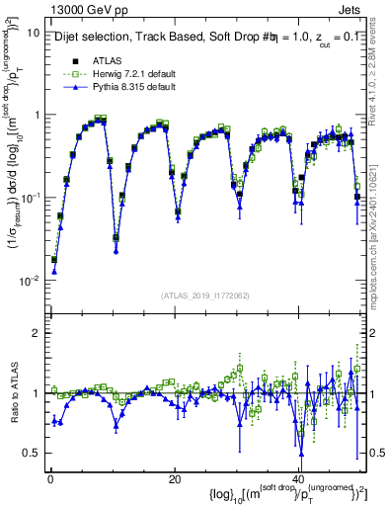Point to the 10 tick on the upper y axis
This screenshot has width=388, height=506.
pyautogui.click(x=32, y=32)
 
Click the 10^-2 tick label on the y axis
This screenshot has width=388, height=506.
pyautogui.click(x=29, y=281)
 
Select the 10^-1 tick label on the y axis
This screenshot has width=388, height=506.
pyautogui.click(x=29, y=198)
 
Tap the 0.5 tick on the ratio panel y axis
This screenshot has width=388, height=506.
pyautogui.click(x=30, y=453)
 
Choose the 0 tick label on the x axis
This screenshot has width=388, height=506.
pyautogui.click(x=50, y=478)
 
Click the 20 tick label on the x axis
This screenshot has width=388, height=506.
pyautogui.click(x=175, y=478)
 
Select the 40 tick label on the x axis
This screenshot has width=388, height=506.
pyautogui.click(x=299, y=478)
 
